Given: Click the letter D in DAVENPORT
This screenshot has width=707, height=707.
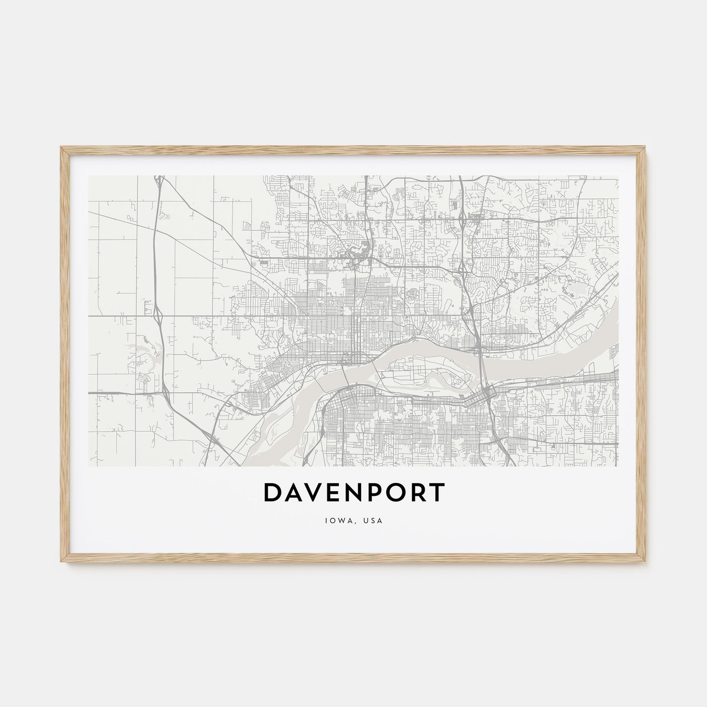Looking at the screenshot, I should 272,493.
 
